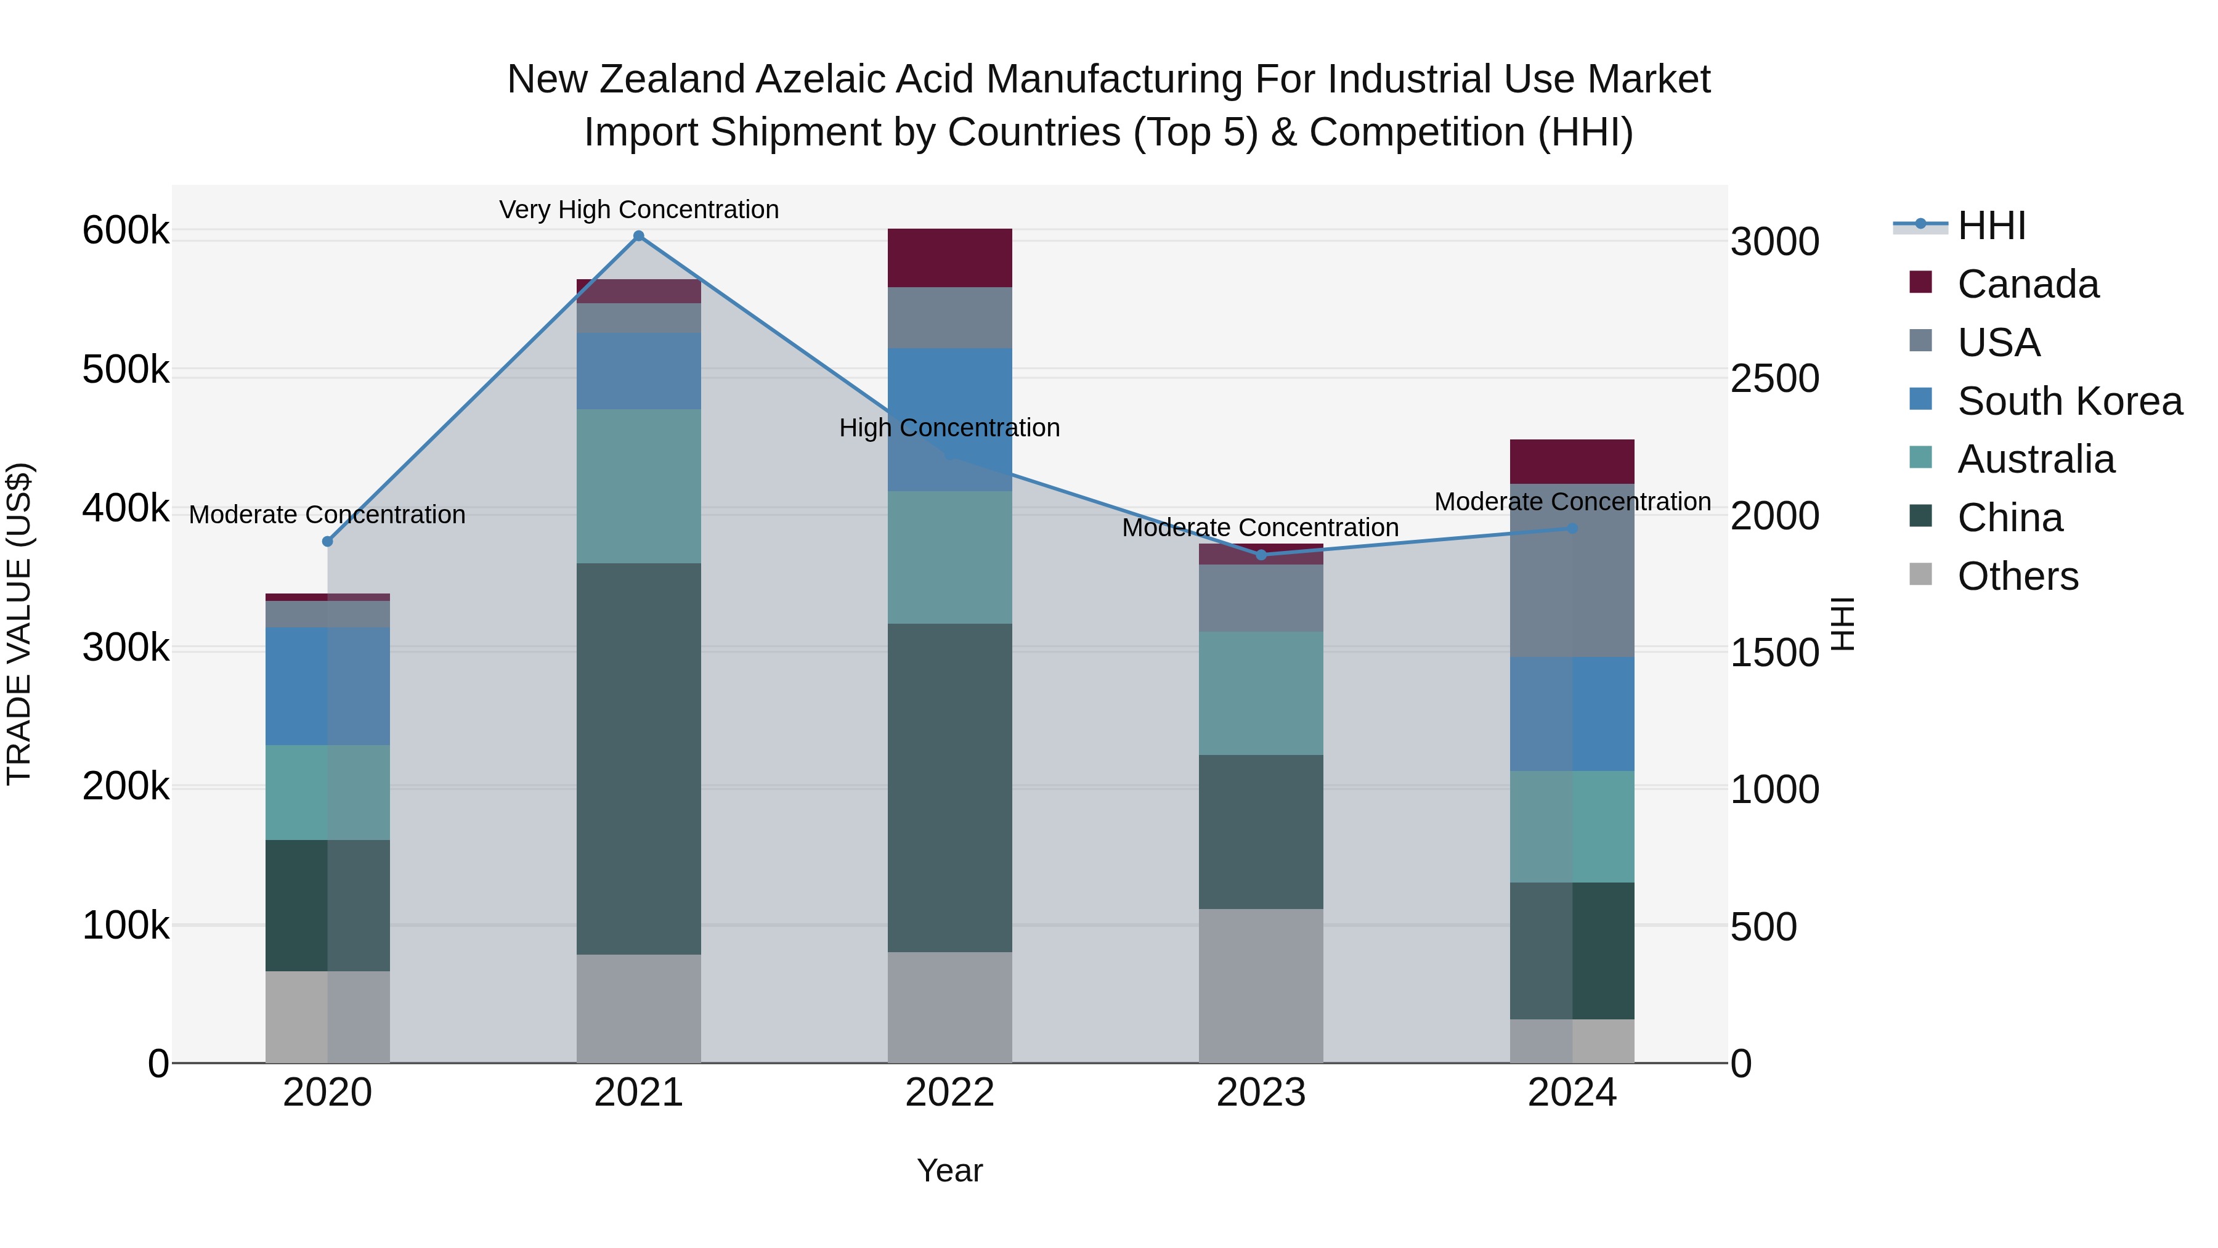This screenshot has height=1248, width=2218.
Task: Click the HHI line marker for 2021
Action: coord(638,236)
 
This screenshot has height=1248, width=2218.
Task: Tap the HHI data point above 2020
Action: coord(327,541)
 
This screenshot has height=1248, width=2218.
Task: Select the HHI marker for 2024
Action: coord(1571,528)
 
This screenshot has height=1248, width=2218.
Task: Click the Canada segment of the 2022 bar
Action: coord(949,258)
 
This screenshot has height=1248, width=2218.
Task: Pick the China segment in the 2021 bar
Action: coord(638,758)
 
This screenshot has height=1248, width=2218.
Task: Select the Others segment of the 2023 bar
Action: coord(1261,985)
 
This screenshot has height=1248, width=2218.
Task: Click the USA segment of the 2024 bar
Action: coord(1571,570)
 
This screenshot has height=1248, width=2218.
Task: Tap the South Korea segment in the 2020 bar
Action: coord(327,685)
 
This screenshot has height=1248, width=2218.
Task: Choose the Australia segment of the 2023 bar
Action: coord(1261,693)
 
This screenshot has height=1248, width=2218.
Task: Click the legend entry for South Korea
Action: coord(2069,401)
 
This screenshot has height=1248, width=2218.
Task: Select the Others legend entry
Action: coord(2017,576)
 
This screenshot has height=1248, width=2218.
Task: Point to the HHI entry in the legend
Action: coord(1991,226)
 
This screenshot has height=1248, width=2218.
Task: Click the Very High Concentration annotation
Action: coord(638,210)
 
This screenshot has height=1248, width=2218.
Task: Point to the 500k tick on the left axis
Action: coord(126,370)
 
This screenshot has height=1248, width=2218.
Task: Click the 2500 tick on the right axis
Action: coord(1774,379)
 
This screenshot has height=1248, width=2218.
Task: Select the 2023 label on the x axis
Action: coord(1261,1093)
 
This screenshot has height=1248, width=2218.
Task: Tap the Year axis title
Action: coord(949,1170)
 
